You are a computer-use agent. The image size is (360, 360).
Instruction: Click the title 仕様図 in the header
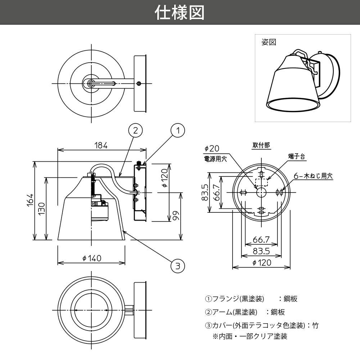180,13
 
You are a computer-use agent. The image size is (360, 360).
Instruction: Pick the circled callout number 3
177,266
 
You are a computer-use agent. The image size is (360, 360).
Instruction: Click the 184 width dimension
101,145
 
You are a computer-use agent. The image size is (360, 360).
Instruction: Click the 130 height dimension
42,209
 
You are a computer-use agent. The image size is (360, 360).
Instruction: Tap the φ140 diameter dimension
91,258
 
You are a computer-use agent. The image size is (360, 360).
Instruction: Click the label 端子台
296,157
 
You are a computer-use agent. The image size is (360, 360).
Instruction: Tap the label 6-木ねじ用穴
313,176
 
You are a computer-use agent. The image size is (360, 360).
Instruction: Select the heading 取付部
261,145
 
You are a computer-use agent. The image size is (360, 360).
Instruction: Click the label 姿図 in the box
269,42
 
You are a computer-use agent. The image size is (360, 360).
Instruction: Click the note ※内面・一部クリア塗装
249,337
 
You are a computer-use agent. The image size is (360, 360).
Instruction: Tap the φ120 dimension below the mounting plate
261,263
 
